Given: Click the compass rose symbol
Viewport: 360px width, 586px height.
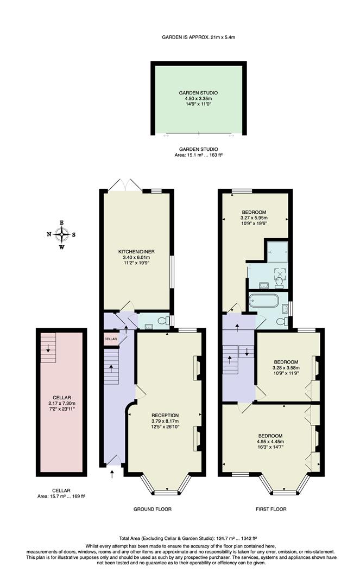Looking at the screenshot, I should [61, 234].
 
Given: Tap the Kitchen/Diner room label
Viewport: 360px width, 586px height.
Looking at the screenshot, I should [136, 252].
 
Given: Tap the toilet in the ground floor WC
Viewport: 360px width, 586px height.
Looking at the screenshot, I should [161, 322].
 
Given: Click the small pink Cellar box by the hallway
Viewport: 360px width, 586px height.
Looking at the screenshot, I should [110, 339].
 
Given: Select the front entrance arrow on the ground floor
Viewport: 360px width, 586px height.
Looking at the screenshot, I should [112, 474].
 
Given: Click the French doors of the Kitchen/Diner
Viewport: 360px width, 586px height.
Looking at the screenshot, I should [125, 186].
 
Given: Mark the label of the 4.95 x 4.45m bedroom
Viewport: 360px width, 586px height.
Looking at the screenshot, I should [270, 436].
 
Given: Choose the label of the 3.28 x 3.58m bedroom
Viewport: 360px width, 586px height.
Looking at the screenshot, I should [286, 362].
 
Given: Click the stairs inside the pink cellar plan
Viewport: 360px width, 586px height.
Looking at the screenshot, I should [48, 343].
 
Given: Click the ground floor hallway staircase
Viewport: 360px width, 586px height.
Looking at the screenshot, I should [111, 367].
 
